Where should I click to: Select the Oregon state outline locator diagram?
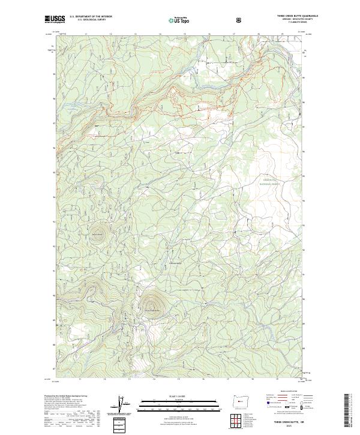point(246,400)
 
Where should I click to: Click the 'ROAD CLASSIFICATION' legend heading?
point(287,395)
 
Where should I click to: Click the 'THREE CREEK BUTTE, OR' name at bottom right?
point(288,424)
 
